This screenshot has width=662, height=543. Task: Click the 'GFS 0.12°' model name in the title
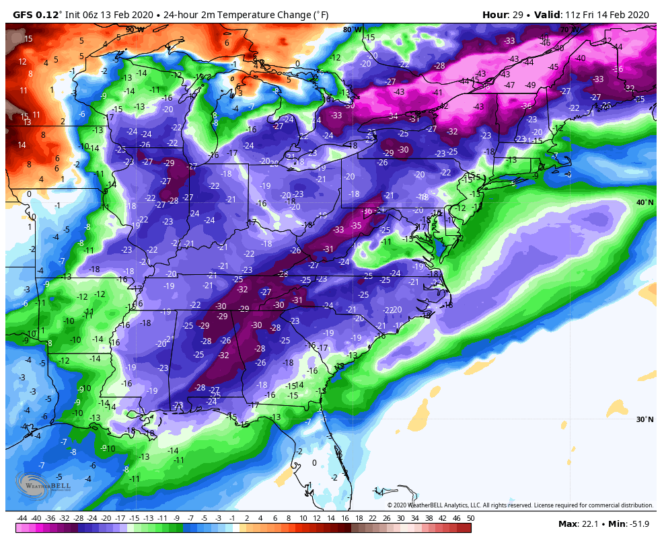37,15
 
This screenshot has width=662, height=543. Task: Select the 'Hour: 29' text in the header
504,15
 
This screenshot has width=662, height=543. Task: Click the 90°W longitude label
135,30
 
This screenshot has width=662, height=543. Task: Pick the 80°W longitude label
352,30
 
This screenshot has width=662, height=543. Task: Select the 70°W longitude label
569,30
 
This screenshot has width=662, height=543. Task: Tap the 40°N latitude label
645,202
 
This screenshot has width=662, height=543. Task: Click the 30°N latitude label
645,419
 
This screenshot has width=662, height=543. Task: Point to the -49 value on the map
530,85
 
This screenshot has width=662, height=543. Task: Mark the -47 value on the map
509,85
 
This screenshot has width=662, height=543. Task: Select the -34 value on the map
393,116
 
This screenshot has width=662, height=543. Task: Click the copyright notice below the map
519,505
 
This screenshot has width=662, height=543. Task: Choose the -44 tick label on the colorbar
22,519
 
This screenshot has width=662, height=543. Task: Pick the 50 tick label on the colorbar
470,519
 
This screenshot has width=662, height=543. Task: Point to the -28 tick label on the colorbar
79,519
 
